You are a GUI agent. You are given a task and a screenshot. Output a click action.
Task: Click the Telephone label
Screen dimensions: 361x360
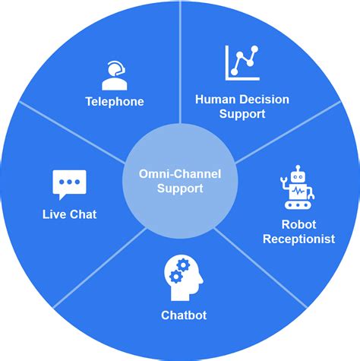[x=115, y=101]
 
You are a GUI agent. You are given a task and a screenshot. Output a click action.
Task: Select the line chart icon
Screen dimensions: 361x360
[x=242, y=63]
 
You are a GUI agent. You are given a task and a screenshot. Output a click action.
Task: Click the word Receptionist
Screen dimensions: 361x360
[x=298, y=239]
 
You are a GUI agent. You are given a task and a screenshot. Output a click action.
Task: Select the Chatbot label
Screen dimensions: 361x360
[x=184, y=315]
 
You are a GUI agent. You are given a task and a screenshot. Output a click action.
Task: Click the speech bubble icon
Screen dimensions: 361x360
[x=69, y=184]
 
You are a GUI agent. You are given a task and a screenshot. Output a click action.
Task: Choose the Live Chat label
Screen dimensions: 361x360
[x=69, y=214]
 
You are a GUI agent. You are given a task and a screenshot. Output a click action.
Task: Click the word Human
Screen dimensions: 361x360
[x=213, y=99]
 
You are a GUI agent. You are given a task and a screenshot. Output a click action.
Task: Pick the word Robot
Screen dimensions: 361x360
[x=299, y=225]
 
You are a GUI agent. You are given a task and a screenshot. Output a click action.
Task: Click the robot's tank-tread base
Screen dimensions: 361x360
[x=298, y=204]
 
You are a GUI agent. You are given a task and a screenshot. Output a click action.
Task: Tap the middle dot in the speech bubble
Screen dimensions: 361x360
[x=69, y=182]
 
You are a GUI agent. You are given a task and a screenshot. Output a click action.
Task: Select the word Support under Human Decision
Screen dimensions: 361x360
[x=242, y=114]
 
